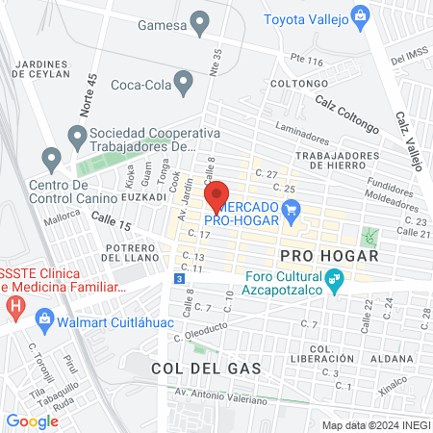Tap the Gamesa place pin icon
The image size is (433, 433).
(200, 21)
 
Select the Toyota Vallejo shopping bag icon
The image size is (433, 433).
(359, 14)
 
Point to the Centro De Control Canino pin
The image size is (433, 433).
(51, 157)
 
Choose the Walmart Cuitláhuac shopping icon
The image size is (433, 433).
(43, 318)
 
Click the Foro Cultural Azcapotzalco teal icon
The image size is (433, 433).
(335, 281)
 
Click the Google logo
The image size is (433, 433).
(32, 420)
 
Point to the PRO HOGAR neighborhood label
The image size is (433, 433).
(324, 256)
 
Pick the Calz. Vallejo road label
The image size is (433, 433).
(409, 140)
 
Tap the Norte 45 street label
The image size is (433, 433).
(89, 95)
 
